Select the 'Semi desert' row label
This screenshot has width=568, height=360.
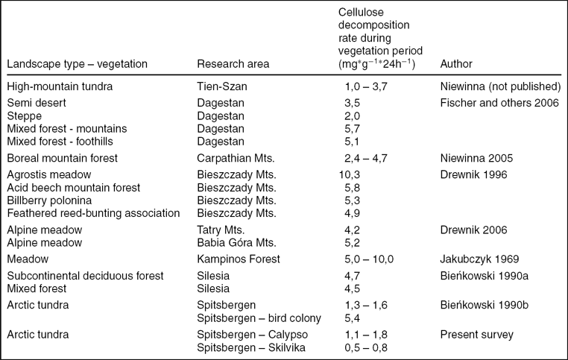coord(35,102)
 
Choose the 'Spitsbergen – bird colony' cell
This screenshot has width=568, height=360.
coord(259,318)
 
